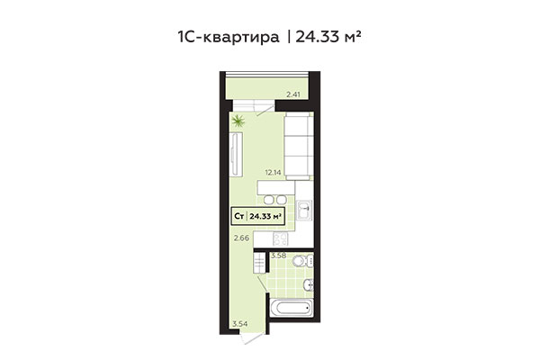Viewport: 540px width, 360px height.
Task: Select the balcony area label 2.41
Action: point(292,94)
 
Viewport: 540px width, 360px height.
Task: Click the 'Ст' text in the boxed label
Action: point(239,216)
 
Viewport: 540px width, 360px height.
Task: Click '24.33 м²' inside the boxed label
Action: point(266,216)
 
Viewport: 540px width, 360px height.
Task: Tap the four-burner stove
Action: point(280,239)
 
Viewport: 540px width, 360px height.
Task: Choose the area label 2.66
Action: point(240,238)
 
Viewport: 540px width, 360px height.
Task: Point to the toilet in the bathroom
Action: point(305,263)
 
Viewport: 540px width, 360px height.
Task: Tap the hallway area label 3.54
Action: point(238,322)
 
